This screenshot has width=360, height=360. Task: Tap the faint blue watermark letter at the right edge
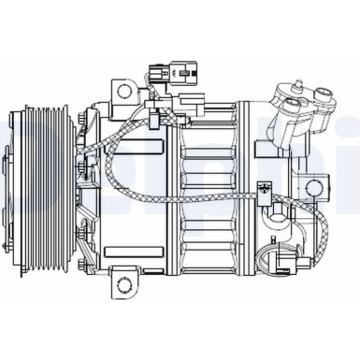click(351, 173)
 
